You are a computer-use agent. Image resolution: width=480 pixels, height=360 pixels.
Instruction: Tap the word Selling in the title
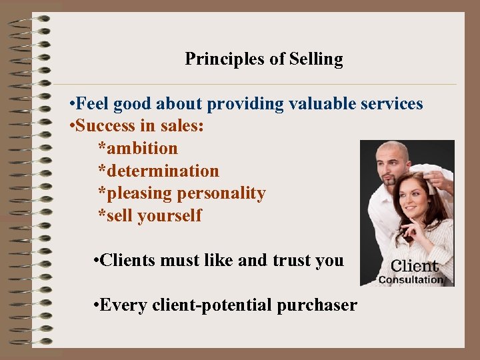(316, 59)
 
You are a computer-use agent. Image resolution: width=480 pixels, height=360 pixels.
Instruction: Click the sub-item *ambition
(138, 148)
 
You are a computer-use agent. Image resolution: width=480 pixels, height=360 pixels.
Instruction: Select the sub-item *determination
(158, 171)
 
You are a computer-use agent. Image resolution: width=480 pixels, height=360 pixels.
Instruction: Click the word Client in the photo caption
(414, 266)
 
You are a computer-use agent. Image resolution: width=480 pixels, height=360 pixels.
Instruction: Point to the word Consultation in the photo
(411, 280)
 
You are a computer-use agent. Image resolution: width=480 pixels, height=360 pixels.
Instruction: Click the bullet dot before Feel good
(71, 105)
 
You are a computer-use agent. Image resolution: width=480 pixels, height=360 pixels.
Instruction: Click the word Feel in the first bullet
(93, 104)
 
